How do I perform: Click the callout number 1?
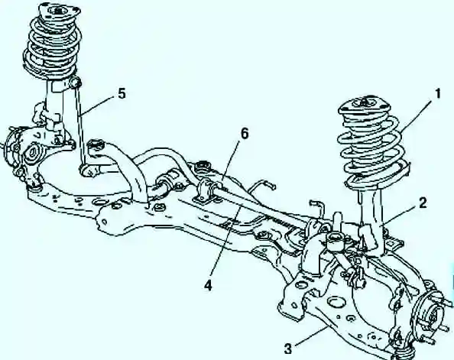437,94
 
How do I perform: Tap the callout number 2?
423,203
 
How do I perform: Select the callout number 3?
288,349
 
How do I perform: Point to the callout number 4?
208,284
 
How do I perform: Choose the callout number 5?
122,93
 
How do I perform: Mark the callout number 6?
245,134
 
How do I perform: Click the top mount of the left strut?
59,11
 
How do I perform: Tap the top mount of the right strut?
365,106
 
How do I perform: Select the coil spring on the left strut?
52,48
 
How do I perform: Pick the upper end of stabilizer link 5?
76,83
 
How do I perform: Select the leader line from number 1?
416,115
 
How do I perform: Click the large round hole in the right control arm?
335,301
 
